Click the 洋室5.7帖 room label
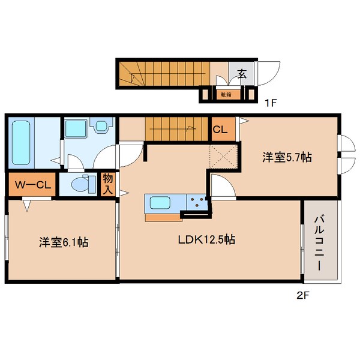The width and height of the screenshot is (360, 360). click(x=286, y=158)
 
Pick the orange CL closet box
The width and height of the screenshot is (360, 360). click(x=220, y=128)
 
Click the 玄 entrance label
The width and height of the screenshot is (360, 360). click(x=242, y=74)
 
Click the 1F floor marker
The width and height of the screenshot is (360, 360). click(x=271, y=103)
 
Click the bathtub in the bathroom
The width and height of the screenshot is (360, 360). click(x=21, y=144)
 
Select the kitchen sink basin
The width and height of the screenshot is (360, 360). click(x=162, y=203)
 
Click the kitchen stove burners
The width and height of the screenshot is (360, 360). click(x=196, y=202)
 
